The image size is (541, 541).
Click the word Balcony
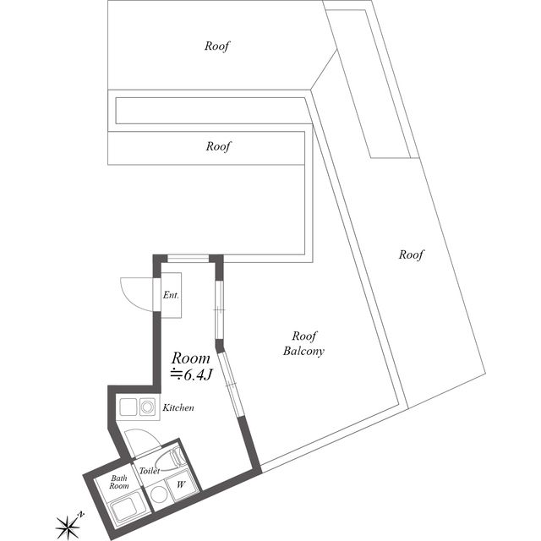pyautogui.click(x=304, y=351)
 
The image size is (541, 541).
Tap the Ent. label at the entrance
pyautogui.click(x=172, y=295)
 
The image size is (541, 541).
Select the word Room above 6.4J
pyautogui.click(x=191, y=358)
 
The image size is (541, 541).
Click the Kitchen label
pyautogui.click(x=178, y=407)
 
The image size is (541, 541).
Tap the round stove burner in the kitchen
pyautogui.click(x=148, y=408)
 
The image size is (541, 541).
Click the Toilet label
pyautogui.click(x=150, y=471)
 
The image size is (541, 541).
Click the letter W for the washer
pyautogui.click(x=179, y=484)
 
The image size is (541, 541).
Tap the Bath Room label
pyautogui.click(x=119, y=483)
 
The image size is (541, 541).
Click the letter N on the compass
pyautogui.click(x=80, y=513)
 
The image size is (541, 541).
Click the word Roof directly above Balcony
pyautogui.click(x=304, y=335)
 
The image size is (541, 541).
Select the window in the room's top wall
pyautogui.click(x=187, y=258)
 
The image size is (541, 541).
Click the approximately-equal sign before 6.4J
pyautogui.click(x=176, y=374)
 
